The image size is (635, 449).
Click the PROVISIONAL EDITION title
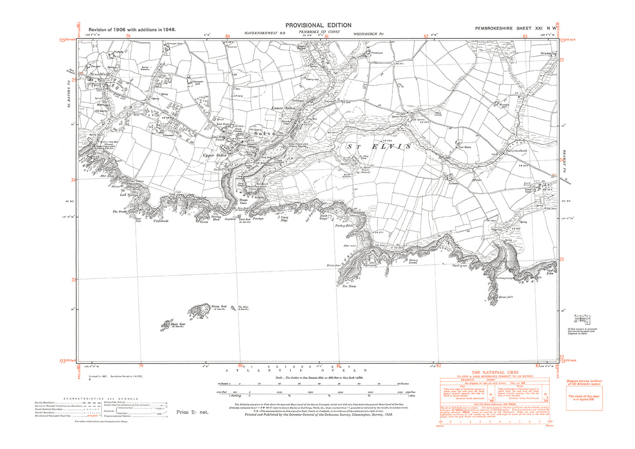click(318, 25)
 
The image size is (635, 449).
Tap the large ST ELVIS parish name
click(379, 146)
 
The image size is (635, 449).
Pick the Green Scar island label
click(219, 307)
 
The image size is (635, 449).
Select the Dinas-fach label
click(506, 297)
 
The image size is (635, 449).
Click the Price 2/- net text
click(192, 412)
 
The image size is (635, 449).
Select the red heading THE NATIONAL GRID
click(494, 373)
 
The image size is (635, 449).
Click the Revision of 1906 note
click(132, 29)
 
